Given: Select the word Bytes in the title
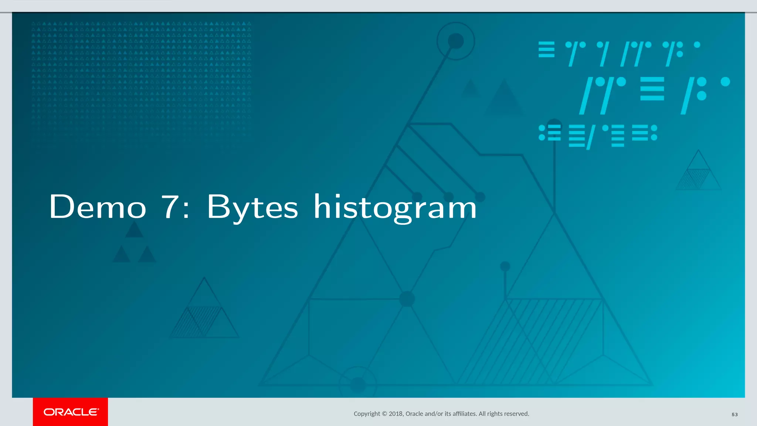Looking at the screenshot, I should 252,207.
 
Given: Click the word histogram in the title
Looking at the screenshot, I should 395,207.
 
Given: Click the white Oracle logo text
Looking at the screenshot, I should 71,412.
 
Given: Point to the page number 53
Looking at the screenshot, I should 734,415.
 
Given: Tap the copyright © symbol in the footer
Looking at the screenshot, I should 384,414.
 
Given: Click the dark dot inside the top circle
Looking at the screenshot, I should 456,41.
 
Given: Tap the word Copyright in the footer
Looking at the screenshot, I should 367,414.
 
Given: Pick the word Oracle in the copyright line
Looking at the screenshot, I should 414,414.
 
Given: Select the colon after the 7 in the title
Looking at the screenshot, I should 186,210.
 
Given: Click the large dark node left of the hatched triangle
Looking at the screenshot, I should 407,299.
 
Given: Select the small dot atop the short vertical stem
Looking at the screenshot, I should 505,266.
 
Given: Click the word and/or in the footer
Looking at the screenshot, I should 434,414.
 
